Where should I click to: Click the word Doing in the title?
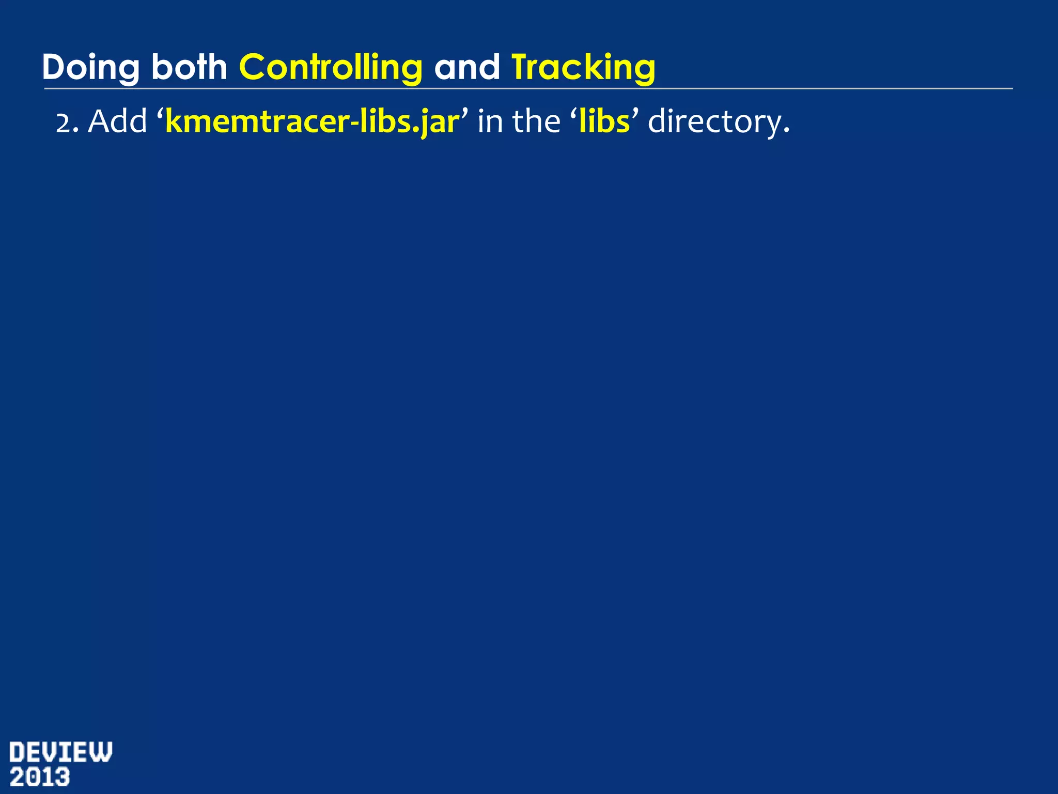(x=90, y=68)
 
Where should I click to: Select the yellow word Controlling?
(x=331, y=68)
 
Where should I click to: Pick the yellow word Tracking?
(x=583, y=68)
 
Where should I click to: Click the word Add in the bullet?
(x=118, y=122)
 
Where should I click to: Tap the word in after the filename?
(x=490, y=122)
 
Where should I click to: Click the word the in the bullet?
(x=536, y=122)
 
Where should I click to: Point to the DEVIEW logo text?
(x=60, y=752)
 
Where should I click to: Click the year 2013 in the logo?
(x=40, y=777)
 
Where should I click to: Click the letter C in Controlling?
(x=252, y=67)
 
